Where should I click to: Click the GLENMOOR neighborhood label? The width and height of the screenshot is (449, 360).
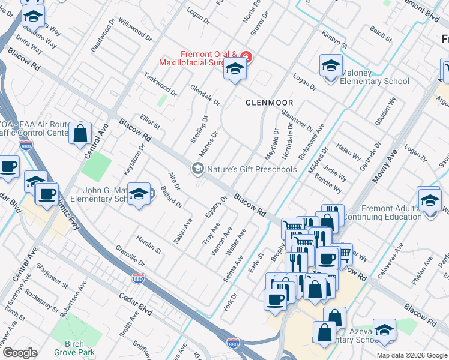point(270,103)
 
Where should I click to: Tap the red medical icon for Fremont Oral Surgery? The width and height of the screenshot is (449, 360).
point(247,58)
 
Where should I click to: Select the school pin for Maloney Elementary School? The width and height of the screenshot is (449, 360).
point(331,67)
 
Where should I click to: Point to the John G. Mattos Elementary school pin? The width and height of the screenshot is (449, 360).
point(139,194)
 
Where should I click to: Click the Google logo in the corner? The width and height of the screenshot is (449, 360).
point(20,353)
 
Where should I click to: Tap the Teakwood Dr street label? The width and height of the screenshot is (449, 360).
point(160,85)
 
